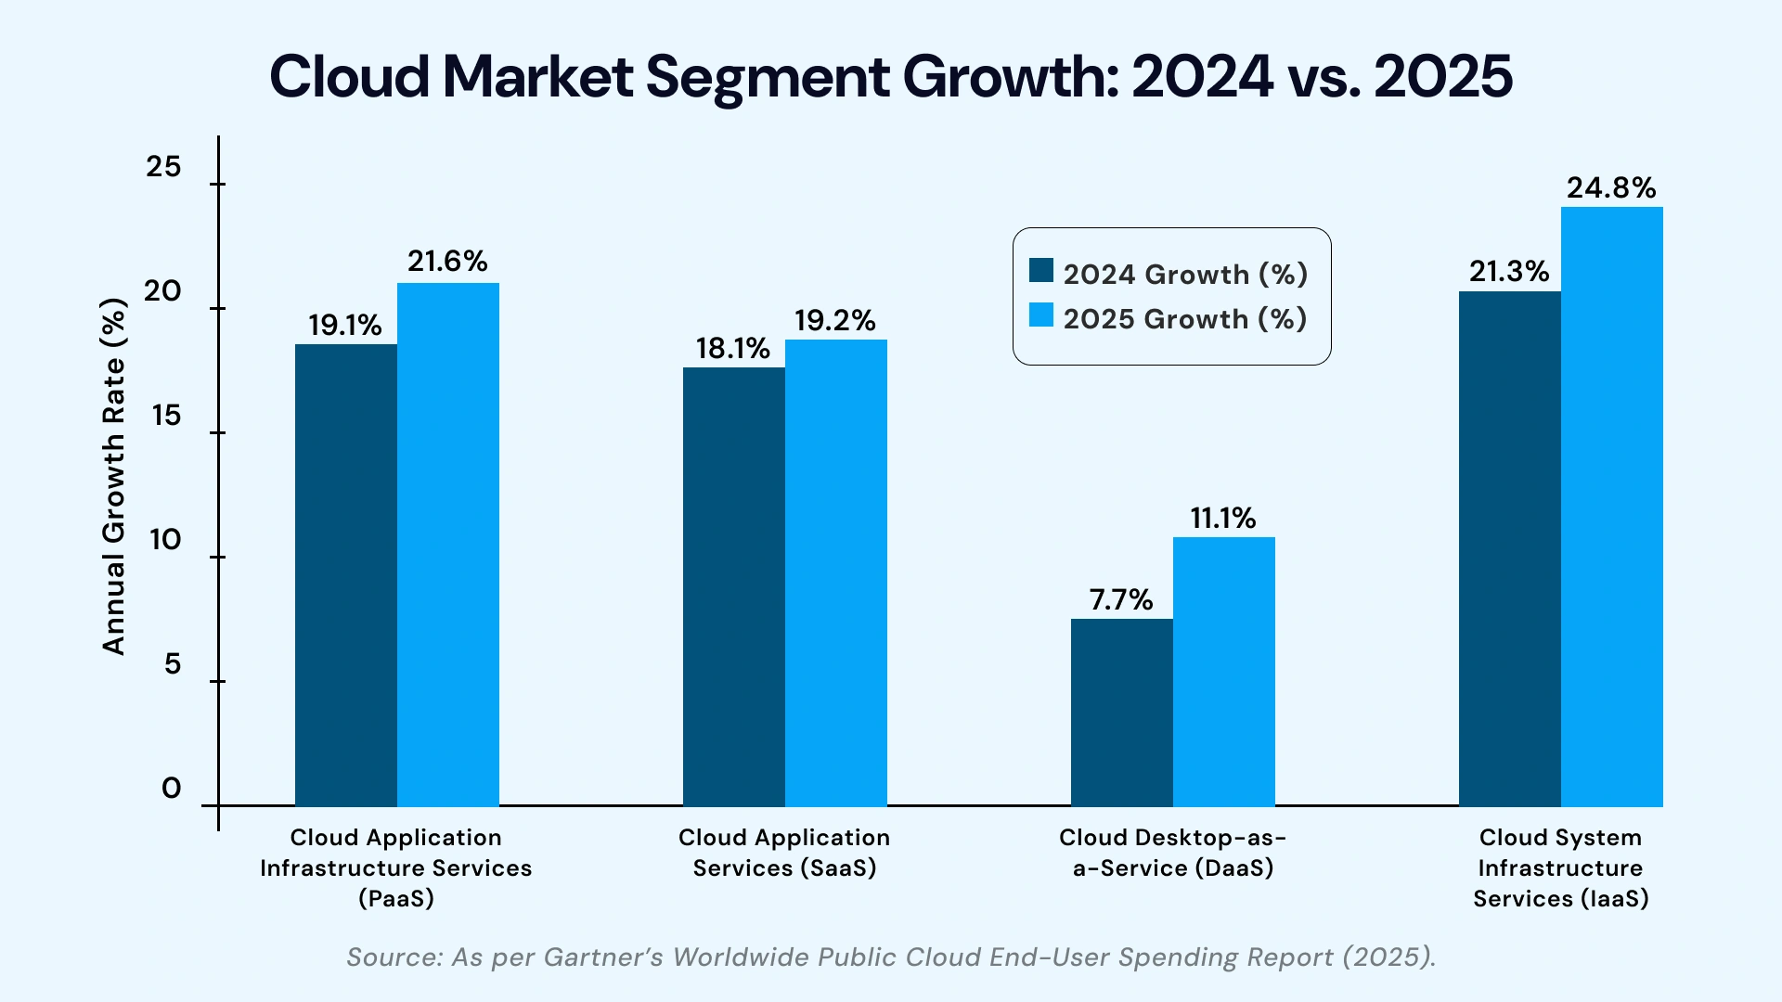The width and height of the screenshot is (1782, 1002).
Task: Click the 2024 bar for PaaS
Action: pos(346,575)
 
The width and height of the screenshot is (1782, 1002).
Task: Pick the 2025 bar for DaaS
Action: pos(1224,672)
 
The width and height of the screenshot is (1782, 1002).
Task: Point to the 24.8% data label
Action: pos(1611,188)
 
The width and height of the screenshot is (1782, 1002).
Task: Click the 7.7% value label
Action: pos(1121,600)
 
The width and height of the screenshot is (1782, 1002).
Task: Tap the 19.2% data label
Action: pos(835,321)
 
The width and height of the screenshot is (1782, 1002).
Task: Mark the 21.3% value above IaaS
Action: pos(1509,272)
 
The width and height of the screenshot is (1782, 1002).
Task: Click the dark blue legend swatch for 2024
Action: pos(1041,271)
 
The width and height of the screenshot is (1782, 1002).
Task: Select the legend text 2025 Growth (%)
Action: pos(1185,319)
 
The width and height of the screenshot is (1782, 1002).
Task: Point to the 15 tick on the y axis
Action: pos(166,416)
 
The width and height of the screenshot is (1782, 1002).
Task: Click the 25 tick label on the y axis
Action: pos(164,167)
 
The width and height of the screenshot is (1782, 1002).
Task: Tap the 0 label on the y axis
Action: pos(172,789)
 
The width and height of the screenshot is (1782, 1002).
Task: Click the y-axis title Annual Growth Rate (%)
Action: pos(113,477)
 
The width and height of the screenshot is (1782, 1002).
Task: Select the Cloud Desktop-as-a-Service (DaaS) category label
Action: pos(1173,853)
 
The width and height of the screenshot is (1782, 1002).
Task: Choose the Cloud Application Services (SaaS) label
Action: pos(784,853)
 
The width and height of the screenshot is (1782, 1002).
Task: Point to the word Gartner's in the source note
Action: pos(603,957)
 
